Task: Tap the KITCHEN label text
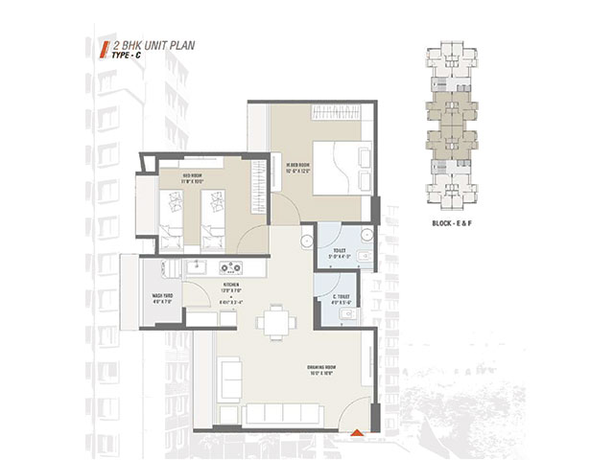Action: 230,286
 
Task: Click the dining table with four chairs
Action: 278,321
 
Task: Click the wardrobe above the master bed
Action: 337,114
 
